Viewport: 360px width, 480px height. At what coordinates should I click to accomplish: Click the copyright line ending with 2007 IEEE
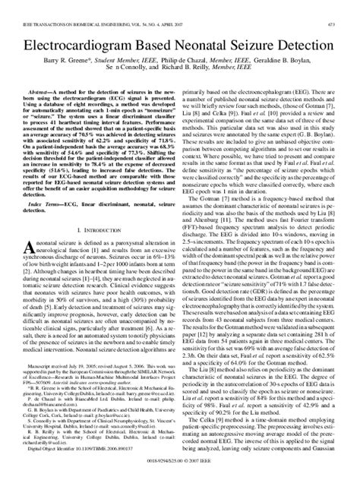179,472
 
